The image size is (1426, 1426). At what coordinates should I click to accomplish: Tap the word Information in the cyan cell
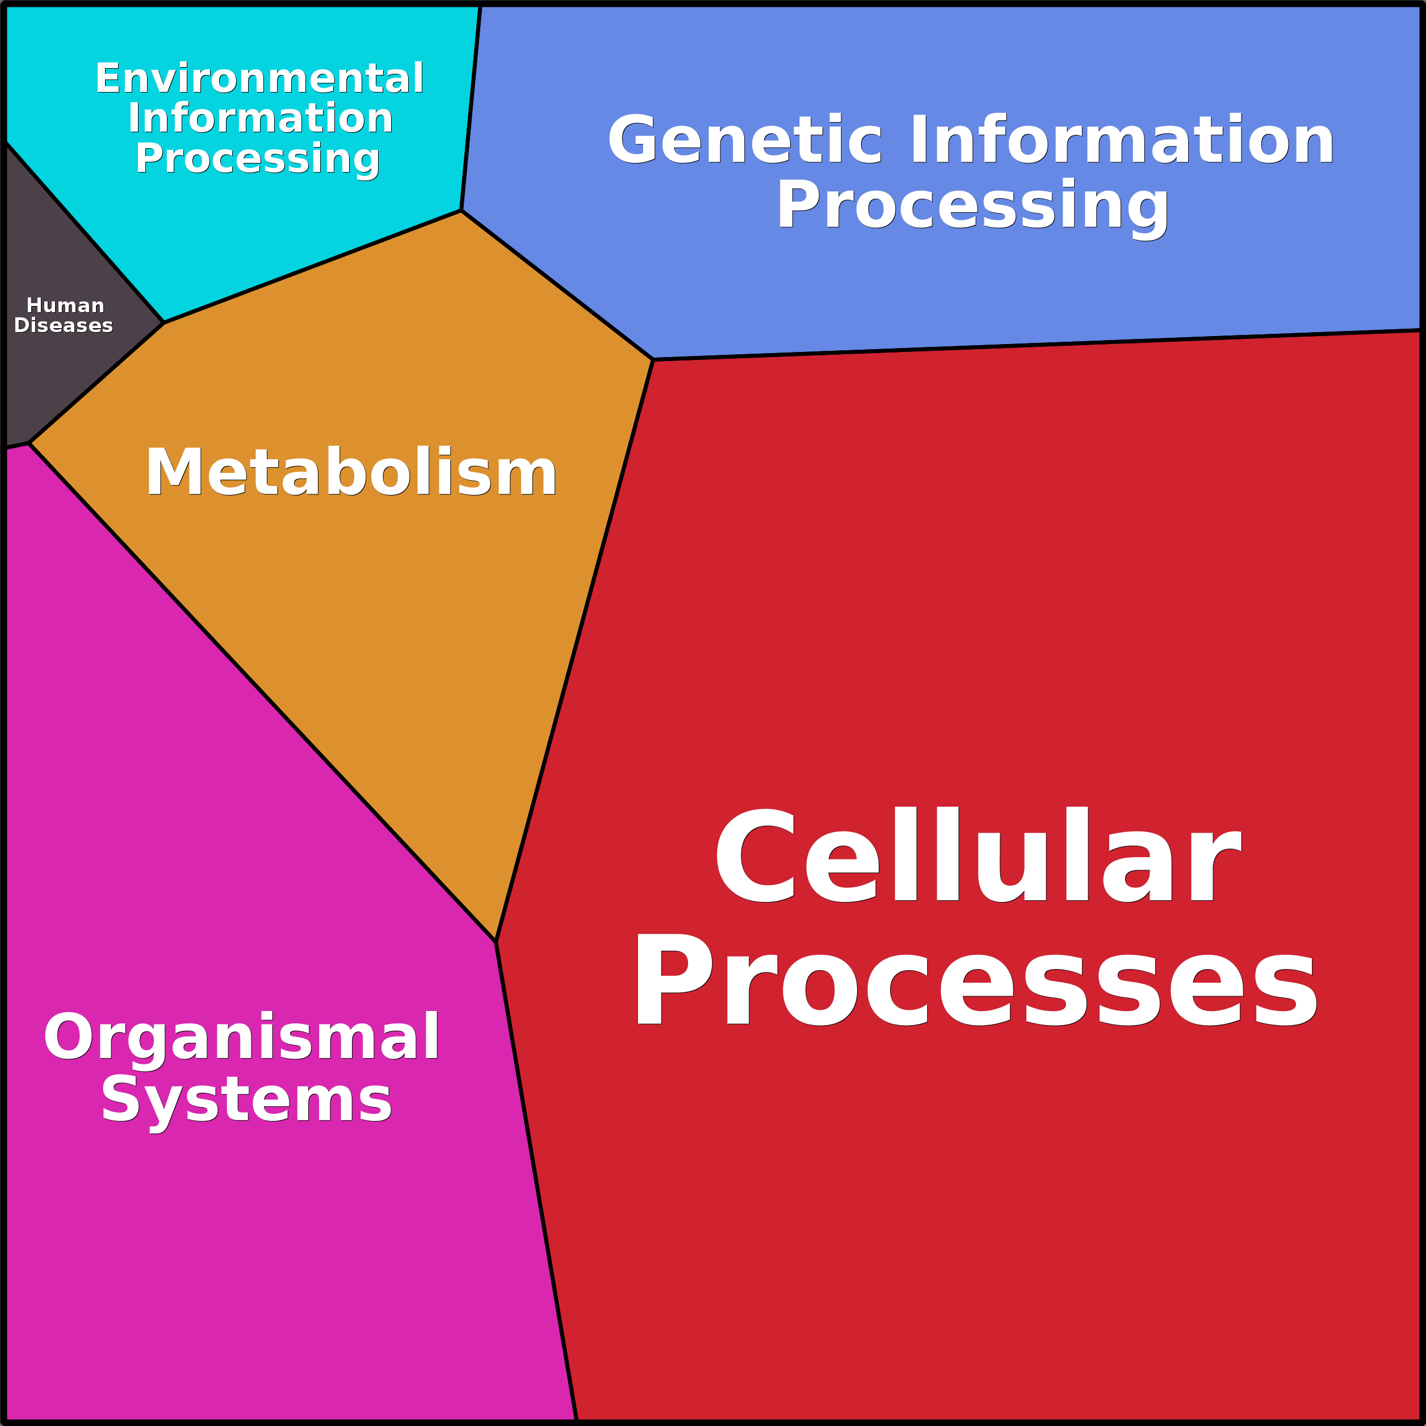tap(261, 118)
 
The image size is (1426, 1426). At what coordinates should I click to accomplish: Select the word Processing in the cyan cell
tap(258, 160)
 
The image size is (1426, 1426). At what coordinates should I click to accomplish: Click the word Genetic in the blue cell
tap(745, 140)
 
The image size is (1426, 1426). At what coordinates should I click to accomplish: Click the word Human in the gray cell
tap(65, 305)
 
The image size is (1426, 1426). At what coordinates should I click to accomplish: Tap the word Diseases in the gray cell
tap(64, 325)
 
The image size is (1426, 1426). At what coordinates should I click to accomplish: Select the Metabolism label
tap(351, 472)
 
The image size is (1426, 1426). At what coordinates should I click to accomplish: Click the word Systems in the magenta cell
tap(246, 1102)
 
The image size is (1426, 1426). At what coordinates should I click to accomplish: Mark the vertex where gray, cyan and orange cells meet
tap(164, 322)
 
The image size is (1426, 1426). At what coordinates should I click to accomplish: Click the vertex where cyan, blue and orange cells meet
tap(462, 211)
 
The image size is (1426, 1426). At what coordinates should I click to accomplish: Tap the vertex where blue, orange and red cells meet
tap(653, 359)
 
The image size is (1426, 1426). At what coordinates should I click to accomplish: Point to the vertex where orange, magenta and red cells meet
tap(495, 942)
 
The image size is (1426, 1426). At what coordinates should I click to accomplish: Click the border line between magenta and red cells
tap(536, 1181)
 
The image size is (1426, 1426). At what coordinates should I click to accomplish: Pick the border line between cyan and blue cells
tap(471, 108)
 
